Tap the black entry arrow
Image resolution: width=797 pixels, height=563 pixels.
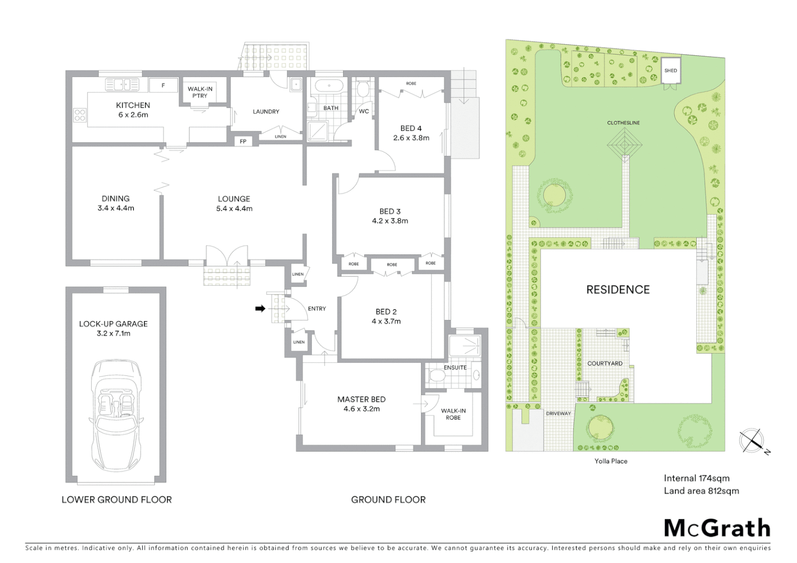pyautogui.click(x=260, y=309)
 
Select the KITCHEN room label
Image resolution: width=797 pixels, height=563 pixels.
pyautogui.click(x=133, y=105)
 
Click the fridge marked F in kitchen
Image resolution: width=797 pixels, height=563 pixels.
pyautogui.click(x=163, y=85)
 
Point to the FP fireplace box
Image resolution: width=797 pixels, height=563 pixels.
pyautogui.click(x=243, y=141)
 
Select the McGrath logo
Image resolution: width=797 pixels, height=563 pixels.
pyautogui.click(x=717, y=528)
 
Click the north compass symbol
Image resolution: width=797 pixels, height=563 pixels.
pyautogui.click(x=752, y=441)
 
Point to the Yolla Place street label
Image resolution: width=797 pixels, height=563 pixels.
pyautogui.click(x=611, y=461)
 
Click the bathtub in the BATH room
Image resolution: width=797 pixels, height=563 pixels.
pyautogui.click(x=327, y=85)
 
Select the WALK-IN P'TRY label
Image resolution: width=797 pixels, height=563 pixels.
pyautogui.click(x=200, y=92)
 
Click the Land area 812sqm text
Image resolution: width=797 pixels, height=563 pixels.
pyautogui.click(x=701, y=491)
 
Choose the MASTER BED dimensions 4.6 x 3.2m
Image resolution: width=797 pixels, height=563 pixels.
pyautogui.click(x=361, y=409)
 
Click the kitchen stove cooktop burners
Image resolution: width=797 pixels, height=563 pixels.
pyautogui.click(x=79, y=115)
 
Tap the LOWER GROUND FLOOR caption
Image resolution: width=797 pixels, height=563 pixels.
pyautogui.click(x=116, y=499)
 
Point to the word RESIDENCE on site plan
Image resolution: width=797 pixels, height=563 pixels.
pyautogui.click(x=618, y=290)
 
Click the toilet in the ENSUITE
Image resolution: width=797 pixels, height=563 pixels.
pyautogui.click(x=435, y=375)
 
